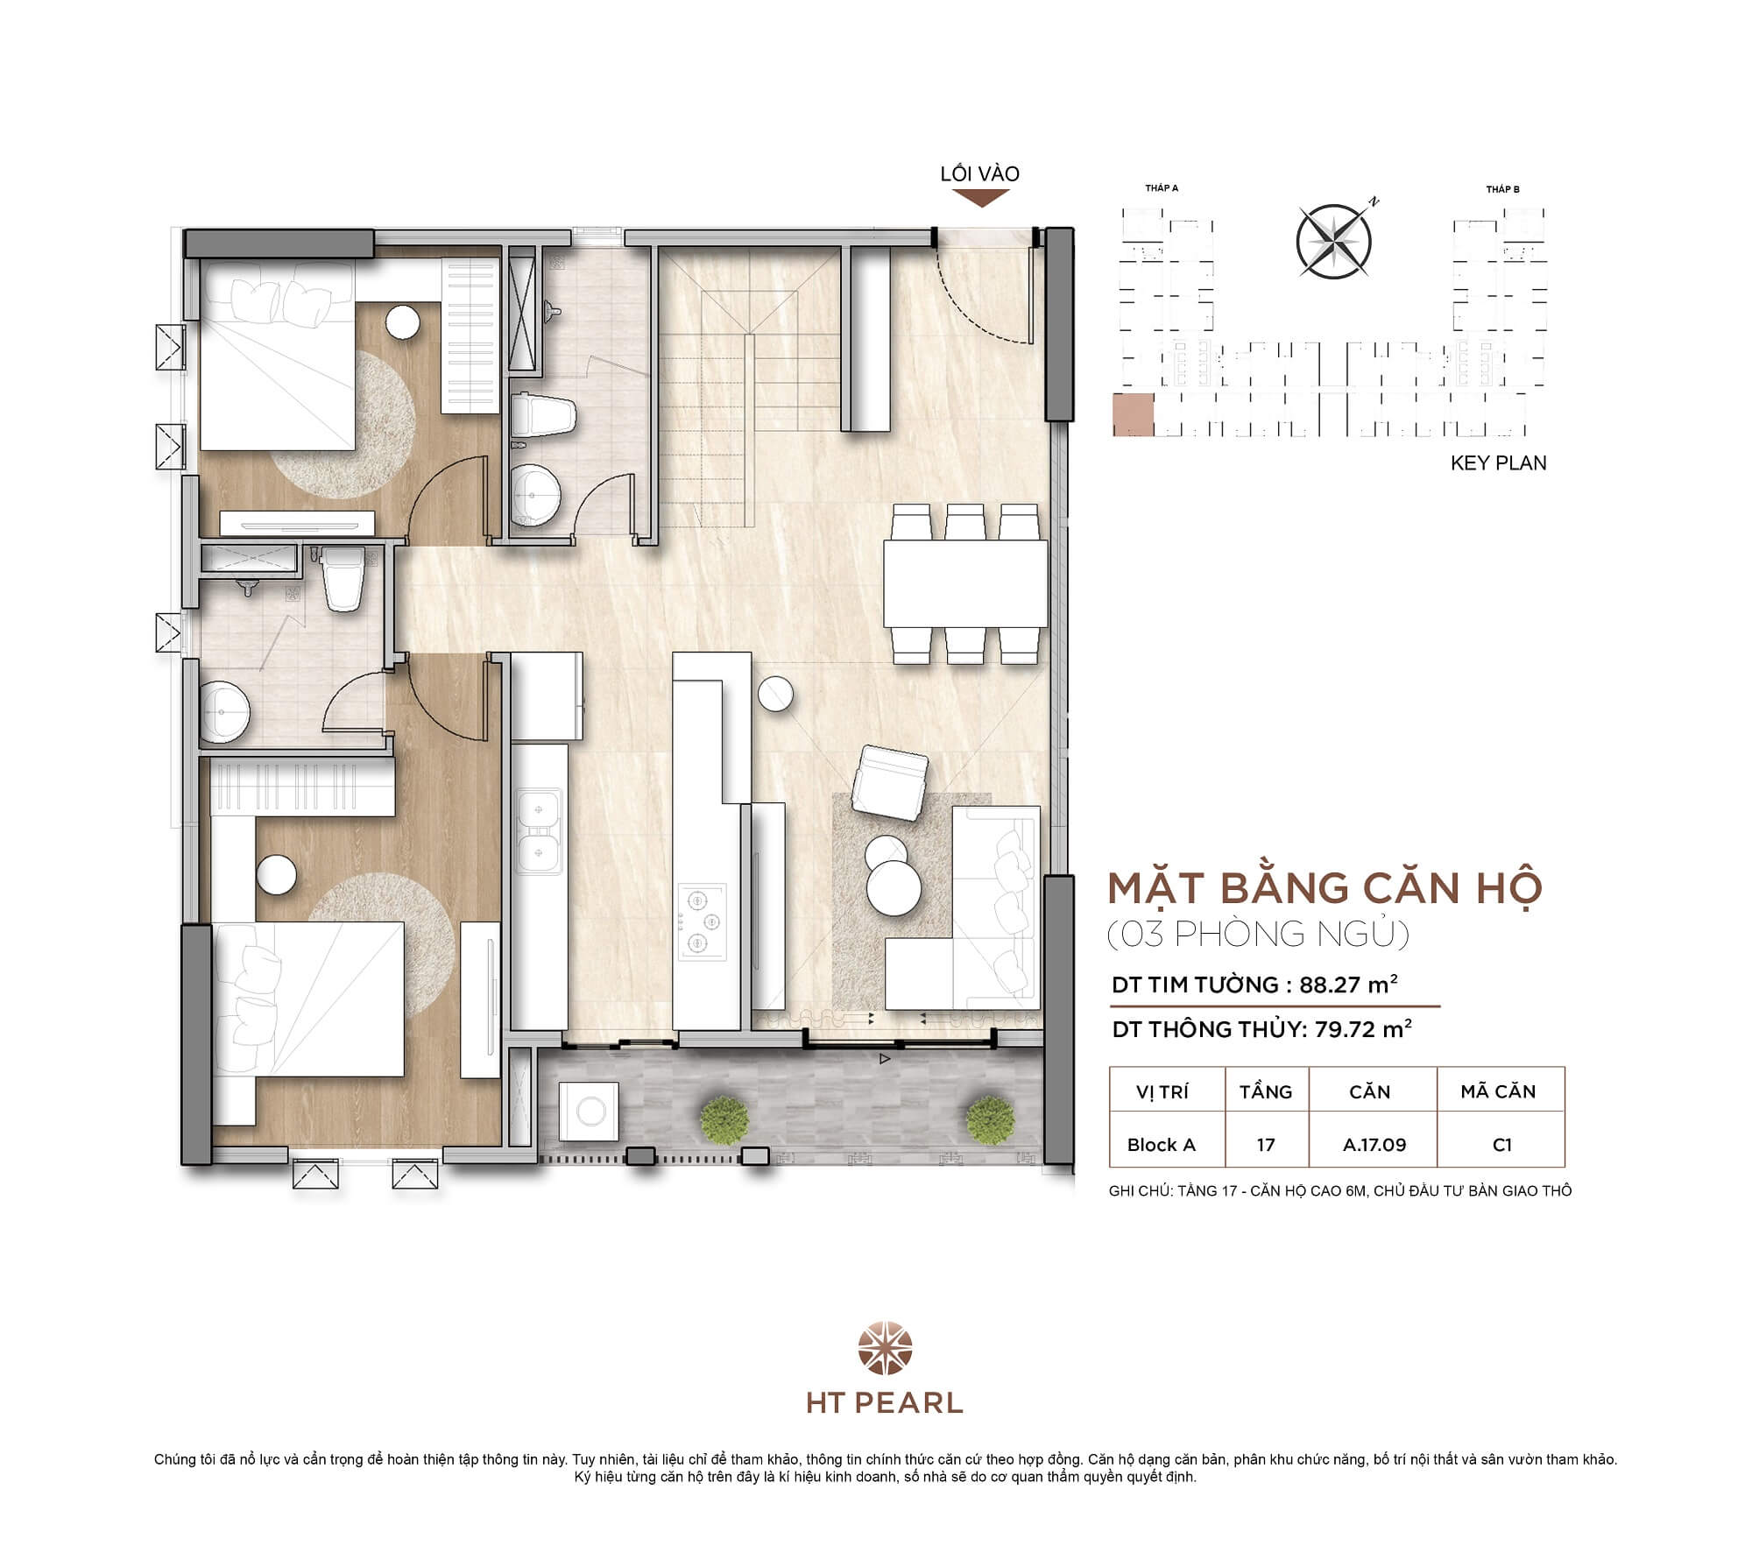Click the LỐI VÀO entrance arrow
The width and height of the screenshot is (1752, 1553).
[980, 199]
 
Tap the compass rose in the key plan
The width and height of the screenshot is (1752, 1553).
[1333, 242]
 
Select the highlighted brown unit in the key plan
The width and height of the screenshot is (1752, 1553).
[1133, 415]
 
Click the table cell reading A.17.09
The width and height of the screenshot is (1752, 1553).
[1374, 1145]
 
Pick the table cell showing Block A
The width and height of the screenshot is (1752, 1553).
[1161, 1145]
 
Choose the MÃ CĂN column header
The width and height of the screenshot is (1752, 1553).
[1498, 1091]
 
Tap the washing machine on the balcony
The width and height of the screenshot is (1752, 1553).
[589, 1112]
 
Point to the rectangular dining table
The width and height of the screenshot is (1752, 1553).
[965, 583]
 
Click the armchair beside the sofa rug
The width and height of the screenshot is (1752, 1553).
[890, 781]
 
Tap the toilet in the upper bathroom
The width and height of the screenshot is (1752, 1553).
[543, 417]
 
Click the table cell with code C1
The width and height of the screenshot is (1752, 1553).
[1501, 1145]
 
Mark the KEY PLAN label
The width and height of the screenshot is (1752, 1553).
[1498, 463]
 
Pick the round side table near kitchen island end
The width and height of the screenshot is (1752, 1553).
[775, 695]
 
